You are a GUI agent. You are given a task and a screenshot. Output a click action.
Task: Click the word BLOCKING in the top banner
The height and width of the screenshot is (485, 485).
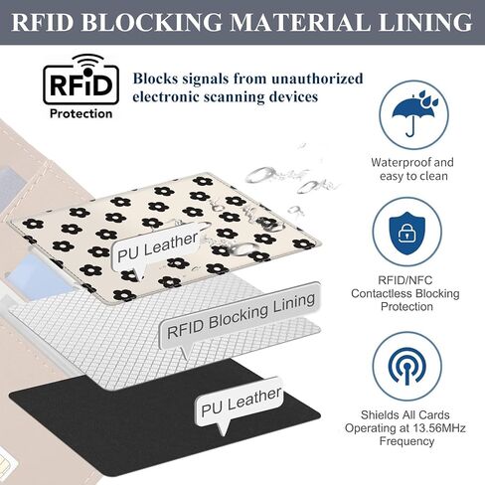point(151,23)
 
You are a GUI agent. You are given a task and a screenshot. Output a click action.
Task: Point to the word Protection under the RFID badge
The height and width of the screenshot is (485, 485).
point(81,114)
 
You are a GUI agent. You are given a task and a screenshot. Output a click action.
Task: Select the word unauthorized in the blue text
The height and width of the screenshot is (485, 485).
point(317,79)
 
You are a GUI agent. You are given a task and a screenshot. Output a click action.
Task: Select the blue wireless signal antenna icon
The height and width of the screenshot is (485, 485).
point(407,367)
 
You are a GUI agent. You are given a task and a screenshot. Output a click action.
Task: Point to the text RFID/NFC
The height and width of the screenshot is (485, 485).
point(405,280)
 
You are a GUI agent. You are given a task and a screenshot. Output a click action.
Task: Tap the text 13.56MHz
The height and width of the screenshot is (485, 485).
point(439,428)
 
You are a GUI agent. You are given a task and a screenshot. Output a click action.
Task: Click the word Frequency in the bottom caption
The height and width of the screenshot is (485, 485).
point(406,441)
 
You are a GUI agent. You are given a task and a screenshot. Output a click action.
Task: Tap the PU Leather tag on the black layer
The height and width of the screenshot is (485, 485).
point(241,403)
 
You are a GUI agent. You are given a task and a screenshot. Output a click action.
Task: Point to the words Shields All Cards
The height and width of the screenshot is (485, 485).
point(405,414)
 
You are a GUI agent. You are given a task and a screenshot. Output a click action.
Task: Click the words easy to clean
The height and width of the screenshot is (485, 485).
point(413,176)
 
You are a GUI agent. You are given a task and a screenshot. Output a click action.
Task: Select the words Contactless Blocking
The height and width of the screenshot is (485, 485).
point(405,293)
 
